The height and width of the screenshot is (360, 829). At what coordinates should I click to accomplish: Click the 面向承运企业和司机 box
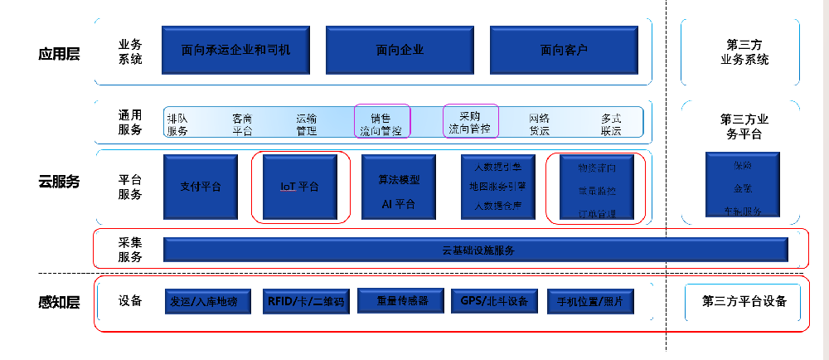point(236,50)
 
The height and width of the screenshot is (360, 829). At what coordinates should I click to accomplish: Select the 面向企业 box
point(400,50)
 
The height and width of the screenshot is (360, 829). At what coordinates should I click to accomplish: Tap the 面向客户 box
point(564,50)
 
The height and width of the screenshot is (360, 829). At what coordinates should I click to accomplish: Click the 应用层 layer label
point(59,55)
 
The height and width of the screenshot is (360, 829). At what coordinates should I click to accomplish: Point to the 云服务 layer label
point(59,182)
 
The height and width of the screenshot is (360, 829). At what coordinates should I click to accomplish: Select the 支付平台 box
point(201,187)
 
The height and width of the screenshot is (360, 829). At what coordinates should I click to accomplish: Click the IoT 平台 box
point(299,187)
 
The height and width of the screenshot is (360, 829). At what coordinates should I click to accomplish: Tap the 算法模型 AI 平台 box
point(399,187)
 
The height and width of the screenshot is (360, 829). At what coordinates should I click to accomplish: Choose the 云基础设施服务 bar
point(474,251)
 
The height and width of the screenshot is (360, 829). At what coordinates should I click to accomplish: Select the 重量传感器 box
point(402,300)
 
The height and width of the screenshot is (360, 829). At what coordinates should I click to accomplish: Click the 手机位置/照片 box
point(590,302)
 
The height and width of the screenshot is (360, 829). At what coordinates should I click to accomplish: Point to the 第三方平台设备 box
point(744,301)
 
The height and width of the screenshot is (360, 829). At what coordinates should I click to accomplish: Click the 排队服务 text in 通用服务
point(177,125)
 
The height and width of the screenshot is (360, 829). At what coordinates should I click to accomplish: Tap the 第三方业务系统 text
point(744,52)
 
